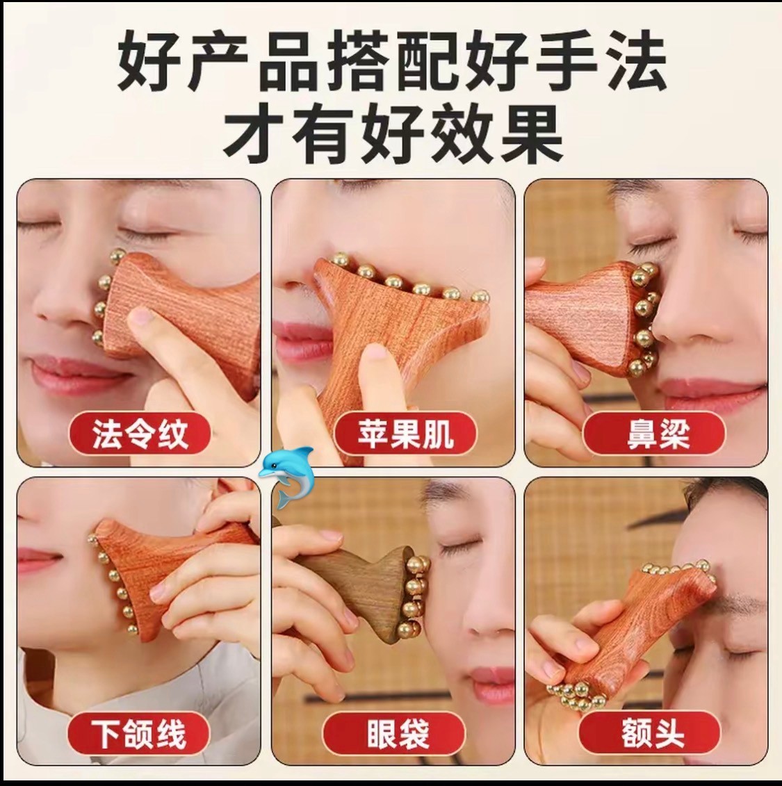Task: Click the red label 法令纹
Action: [139, 433]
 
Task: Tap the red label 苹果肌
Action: [405, 433]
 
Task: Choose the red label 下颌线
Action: [138, 733]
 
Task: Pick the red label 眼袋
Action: [398, 733]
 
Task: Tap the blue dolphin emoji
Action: [286, 476]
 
